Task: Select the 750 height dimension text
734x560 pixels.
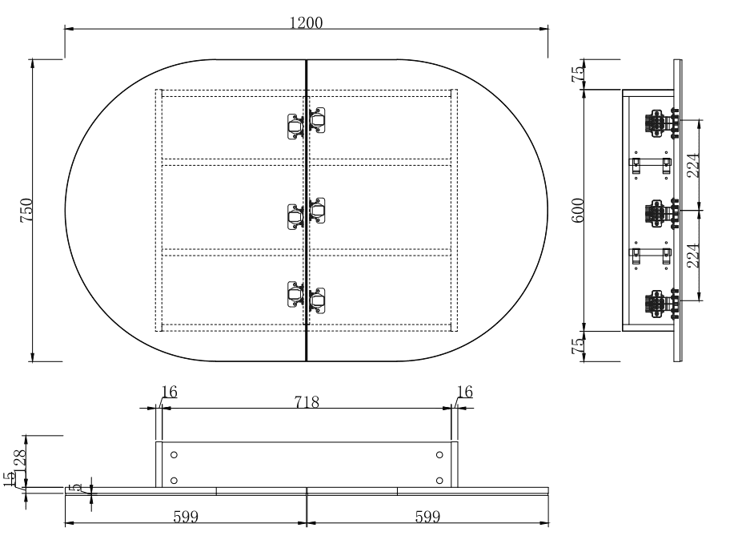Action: coord(26,210)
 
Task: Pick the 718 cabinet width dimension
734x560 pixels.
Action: coord(306,401)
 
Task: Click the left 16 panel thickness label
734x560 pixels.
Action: coord(169,391)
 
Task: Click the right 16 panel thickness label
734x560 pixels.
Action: coord(464,391)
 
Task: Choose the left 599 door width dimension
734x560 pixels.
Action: coord(186,518)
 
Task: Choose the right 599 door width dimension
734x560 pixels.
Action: coord(427,518)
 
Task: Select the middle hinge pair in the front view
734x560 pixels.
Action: coord(307,212)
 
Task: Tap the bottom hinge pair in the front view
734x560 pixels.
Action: coord(307,296)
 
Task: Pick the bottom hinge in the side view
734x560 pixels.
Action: coord(661,304)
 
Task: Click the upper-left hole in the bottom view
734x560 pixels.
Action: coord(174,455)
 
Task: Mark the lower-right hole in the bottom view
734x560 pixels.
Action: coord(439,481)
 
